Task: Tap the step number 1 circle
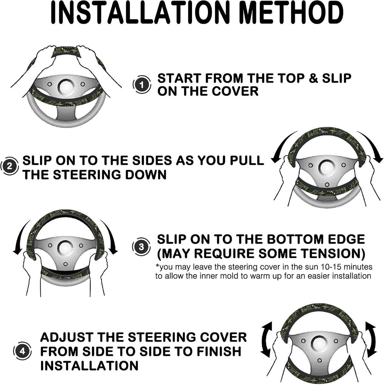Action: click(141, 85)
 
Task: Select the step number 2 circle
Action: click(9, 166)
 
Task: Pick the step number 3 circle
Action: click(141, 247)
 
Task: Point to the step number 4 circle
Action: click(22, 351)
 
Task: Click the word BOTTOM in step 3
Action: click(290, 239)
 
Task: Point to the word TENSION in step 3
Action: click(332, 253)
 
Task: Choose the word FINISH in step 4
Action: click(219, 351)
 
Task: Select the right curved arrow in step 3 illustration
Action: click(110, 237)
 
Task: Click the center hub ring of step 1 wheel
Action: click(66, 87)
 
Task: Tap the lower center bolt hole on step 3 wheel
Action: click(65, 264)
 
